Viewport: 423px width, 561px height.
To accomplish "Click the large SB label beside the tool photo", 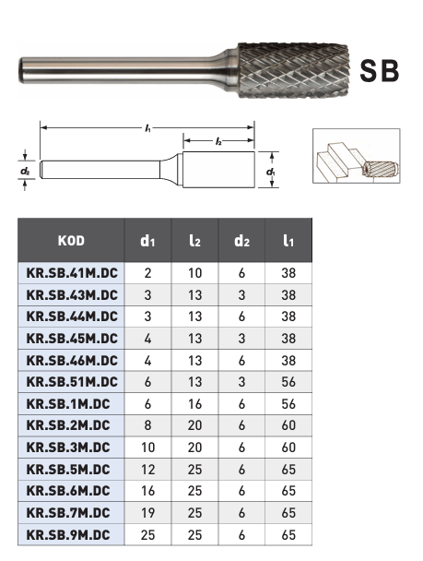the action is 379,71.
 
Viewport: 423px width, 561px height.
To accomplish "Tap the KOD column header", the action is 71,241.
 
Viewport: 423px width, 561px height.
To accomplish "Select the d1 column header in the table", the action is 147,241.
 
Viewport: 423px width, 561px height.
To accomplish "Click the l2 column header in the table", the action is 194,241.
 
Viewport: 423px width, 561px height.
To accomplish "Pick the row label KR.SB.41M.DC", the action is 72,273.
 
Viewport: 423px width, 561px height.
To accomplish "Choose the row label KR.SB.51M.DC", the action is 72,382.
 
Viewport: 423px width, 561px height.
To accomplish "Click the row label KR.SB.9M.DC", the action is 68,535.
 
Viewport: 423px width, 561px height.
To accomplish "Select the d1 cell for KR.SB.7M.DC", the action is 147,513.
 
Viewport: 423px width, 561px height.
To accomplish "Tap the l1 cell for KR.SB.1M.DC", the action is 288,404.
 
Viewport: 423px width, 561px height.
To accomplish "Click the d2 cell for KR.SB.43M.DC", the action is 241,295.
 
